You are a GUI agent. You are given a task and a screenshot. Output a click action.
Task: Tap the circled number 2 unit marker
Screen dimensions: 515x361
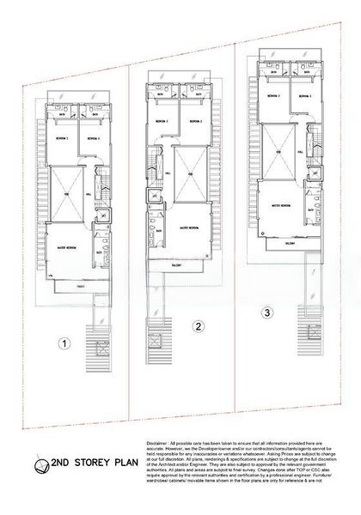[198, 326]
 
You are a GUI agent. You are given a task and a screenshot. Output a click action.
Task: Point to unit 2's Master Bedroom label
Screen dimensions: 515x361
[190, 228]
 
